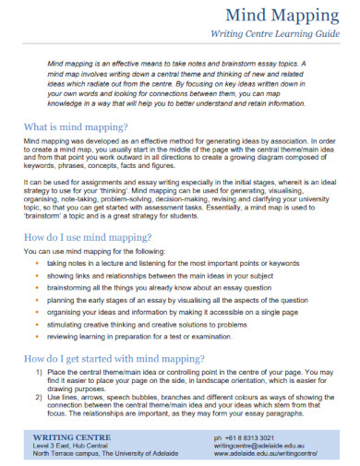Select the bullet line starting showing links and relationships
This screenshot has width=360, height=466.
[x=162, y=276]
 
